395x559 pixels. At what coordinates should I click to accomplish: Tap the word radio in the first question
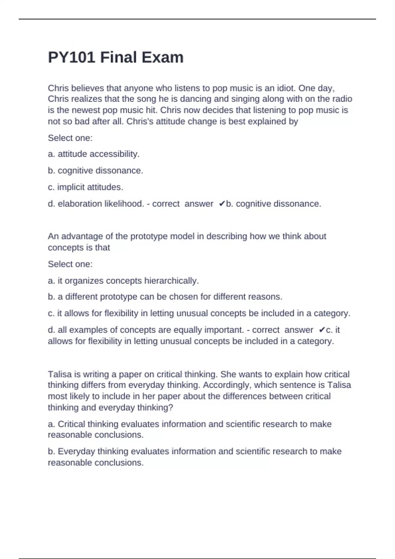[x=343, y=99]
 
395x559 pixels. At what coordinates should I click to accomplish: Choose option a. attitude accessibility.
[x=94, y=154]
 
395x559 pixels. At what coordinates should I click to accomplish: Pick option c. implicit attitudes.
[x=86, y=187]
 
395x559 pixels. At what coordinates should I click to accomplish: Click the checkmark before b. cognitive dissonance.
[x=222, y=204]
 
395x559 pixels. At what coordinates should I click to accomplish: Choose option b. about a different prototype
[x=165, y=297]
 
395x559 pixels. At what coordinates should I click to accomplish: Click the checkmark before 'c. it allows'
[x=322, y=330]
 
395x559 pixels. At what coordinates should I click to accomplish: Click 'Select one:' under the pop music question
[x=70, y=138]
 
